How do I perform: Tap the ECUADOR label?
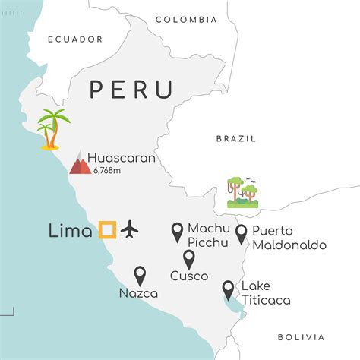[75, 39]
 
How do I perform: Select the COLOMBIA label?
[186, 19]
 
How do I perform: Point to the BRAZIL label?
[237, 139]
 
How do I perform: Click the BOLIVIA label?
[301, 336]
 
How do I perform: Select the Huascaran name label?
[122, 159]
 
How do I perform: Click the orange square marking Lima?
[107, 229]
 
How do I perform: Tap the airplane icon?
[131, 228]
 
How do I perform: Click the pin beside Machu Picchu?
[177, 232]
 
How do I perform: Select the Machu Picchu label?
[208, 234]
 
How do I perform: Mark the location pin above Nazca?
[140, 276]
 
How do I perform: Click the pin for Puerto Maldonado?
[242, 235]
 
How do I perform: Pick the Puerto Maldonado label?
[289, 238]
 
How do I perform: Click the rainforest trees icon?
[243, 191]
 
